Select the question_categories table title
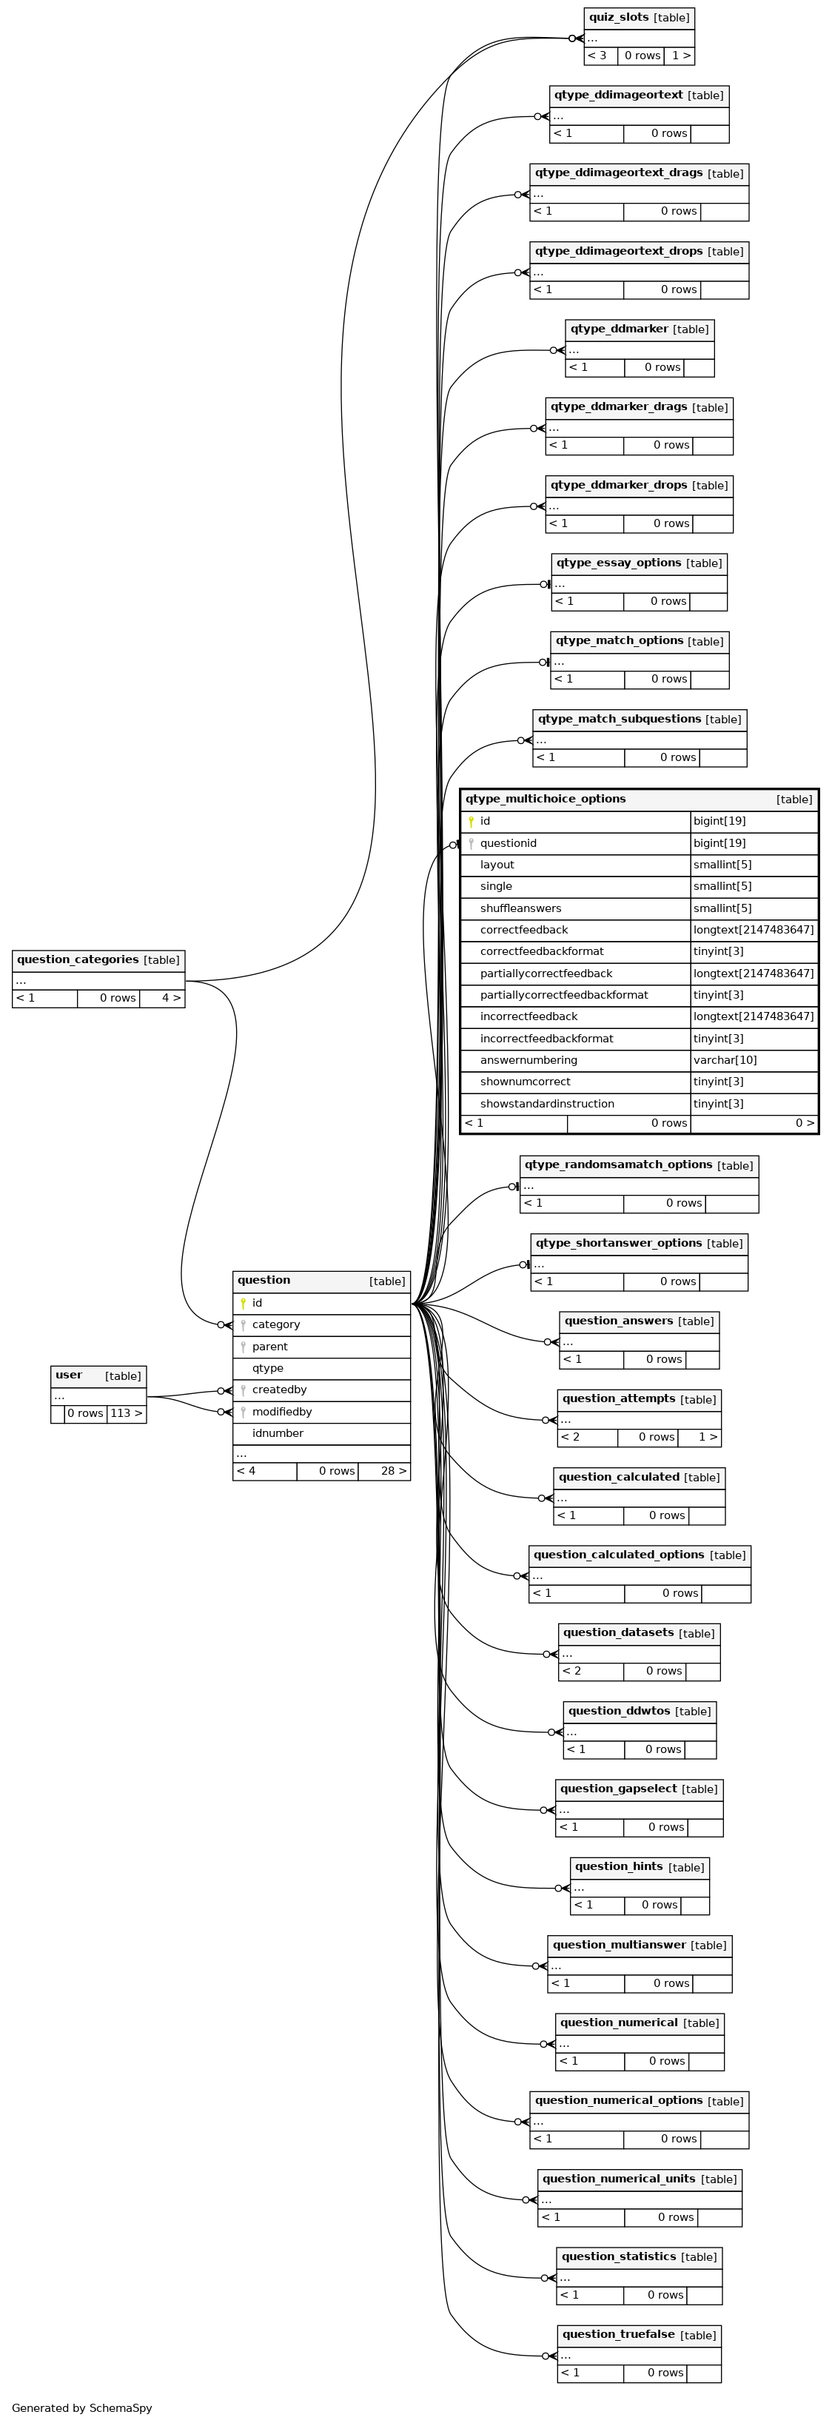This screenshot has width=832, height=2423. (x=78, y=959)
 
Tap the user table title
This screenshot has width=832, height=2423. (x=69, y=1375)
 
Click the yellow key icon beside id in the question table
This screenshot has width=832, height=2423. (x=244, y=1304)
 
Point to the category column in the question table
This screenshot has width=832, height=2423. (x=276, y=1324)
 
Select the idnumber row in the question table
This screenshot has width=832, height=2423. (x=321, y=1433)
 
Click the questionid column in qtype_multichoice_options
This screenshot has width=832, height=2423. (x=509, y=842)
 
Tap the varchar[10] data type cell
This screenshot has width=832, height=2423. (x=725, y=1060)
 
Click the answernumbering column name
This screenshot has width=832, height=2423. (x=529, y=1060)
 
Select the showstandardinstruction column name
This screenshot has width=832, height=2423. (x=547, y=1103)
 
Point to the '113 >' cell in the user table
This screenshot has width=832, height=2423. (x=127, y=1412)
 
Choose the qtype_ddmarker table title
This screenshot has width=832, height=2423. (x=620, y=329)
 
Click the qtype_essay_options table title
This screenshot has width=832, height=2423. (x=619, y=563)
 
